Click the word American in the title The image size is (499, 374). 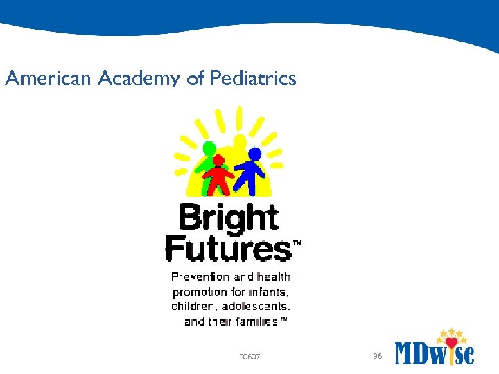(48, 79)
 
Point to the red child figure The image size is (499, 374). (219, 177)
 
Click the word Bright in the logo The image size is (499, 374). (229, 217)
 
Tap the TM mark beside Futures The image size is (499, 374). (297, 244)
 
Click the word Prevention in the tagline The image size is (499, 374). (200, 277)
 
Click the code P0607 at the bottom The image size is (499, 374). (249, 357)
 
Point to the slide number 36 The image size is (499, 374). (378, 356)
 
